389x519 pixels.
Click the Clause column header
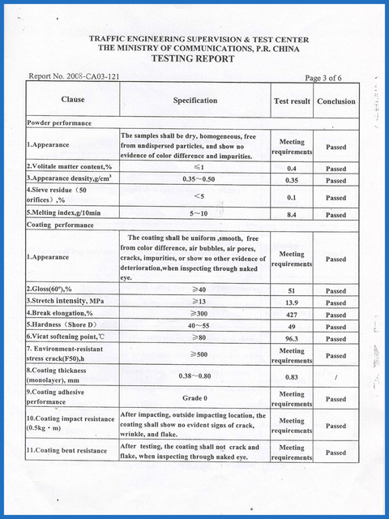click(73, 101)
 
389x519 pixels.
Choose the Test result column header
click(290, 101)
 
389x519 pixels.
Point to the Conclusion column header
click(336, 101)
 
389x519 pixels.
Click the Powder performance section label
click(59, 122)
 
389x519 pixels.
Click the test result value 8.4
click(291, 215)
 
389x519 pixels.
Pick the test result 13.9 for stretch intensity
click(291, 302)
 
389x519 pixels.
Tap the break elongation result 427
click(291, 314)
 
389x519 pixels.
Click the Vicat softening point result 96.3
click(291, 339)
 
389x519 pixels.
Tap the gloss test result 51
click(291, 290)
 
